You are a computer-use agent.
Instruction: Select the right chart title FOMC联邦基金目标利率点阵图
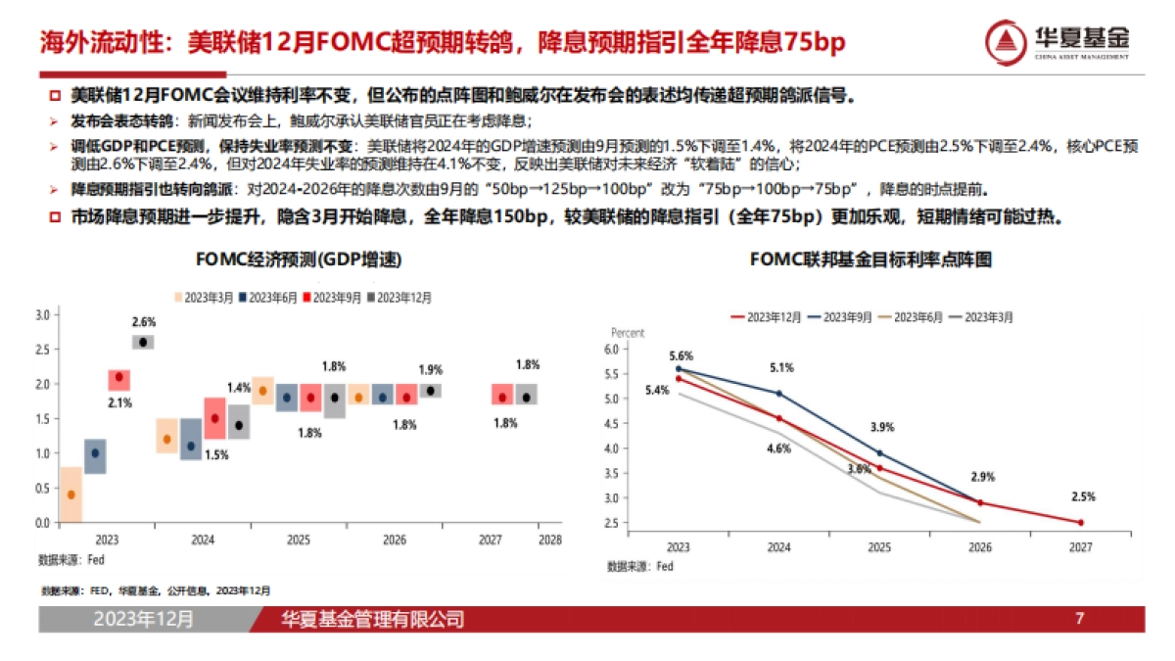tap(871, 260)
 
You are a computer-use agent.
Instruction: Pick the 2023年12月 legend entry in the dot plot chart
tap(769, 317)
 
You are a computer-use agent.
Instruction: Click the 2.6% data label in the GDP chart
tap(143, 321)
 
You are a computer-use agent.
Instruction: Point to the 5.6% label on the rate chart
tap(681, 355)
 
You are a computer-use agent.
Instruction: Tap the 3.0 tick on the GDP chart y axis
tap(42, 315)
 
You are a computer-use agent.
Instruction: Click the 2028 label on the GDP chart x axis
tap(550, 540)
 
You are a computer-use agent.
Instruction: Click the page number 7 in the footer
tap(1079, 619)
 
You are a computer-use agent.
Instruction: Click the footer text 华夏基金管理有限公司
tap(372, 619)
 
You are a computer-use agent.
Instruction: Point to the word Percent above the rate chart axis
tap(628, 333)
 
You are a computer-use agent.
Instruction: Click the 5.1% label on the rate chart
tap(780, 368)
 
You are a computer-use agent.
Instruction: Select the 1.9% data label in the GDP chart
tap(430, 370)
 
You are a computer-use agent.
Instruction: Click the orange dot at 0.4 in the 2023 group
tap(70, 495)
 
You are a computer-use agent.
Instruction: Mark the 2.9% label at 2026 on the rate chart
tap(981, 477)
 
